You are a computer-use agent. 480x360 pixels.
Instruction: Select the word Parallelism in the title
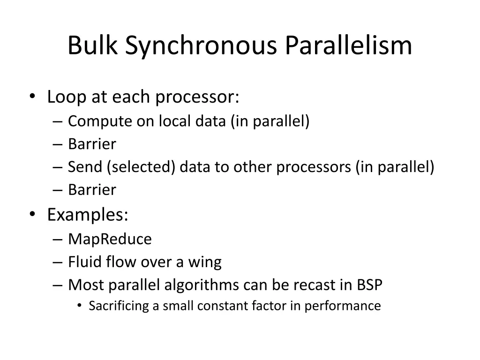click(349, 46)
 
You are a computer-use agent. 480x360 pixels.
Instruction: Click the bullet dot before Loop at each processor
click(32, 97)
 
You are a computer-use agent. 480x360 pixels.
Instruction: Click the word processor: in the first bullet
click(197, 97)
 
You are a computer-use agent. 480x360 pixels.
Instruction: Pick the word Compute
click(100, 121)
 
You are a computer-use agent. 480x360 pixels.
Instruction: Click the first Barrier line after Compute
click(92, 144)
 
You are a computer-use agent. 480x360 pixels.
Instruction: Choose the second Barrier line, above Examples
click(92, 190)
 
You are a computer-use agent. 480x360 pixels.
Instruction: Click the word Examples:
click(88, 215)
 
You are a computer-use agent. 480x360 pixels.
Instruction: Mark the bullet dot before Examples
click(32, 215)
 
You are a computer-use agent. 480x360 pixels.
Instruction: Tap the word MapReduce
click(110, 239)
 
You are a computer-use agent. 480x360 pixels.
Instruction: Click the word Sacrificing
click(119, 306)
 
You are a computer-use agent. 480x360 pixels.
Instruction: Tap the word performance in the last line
click(343, 306)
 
